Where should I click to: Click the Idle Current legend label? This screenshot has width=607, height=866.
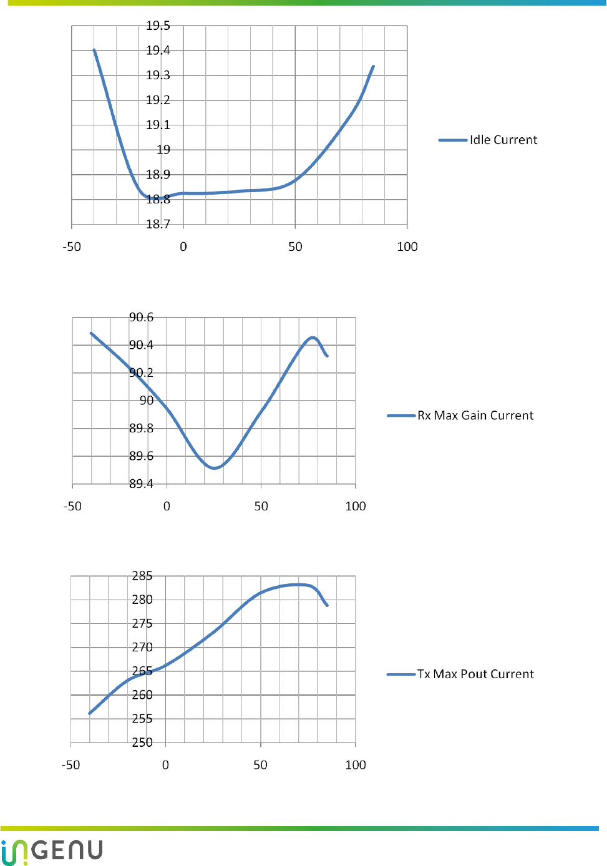(x=503, y=140)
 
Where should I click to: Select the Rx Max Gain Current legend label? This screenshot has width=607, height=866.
(x=475, y=416)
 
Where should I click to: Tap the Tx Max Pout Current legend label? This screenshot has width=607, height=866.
(x=475, y=674)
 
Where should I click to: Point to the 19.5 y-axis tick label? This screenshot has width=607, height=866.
(x=158, y=26)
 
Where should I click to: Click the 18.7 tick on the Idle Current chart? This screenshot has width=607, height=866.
(x=158, y=224)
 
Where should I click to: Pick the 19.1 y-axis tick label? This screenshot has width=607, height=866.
(x=158, y=125)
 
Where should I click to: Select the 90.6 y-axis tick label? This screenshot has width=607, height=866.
(x=141, y=317)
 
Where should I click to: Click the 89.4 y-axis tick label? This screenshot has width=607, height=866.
(x=141, y=484)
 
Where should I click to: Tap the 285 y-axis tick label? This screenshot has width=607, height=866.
(x=142, y=576)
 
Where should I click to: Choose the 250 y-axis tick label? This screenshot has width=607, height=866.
(x=142, y=742)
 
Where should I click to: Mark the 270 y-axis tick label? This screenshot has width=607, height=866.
(x=142, y=647)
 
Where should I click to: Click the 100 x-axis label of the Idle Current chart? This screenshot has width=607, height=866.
(x=407, y=246)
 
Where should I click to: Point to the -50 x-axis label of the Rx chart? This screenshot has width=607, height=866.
(x=72, y=506)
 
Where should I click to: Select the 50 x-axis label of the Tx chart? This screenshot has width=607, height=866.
(x=260, y=765)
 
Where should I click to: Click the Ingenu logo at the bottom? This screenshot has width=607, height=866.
(x=52, y=851)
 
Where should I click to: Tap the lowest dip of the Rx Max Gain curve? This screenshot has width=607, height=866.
(x=214, y=467)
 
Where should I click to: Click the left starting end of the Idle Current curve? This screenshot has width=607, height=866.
(x=94, y=50)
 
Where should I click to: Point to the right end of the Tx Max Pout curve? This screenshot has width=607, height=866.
(x=327, y=605)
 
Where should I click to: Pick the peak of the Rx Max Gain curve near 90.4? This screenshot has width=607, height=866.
(x=313, y=338)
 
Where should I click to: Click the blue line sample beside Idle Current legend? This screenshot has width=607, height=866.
(x=453, y=140)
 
